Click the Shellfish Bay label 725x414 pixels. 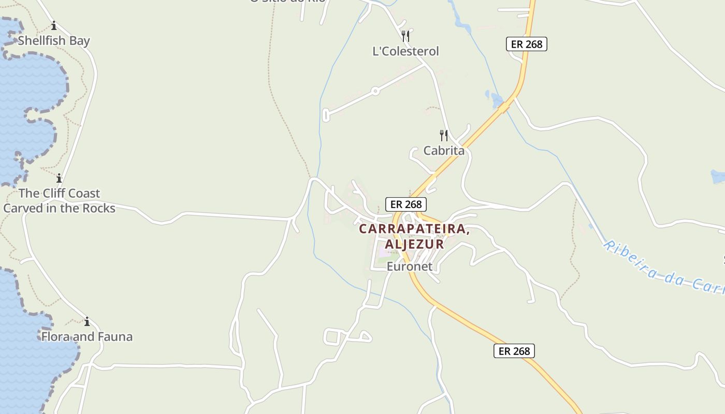coord(54,41)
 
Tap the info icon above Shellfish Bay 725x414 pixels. coord(54,25)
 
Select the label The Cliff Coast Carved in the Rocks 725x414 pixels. coord(59,201)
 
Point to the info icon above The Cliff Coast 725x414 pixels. coord(59,179)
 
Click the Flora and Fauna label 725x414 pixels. coord(87,337)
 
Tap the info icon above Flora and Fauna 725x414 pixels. coord(87,321)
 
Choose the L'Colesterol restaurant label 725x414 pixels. coord(405,51)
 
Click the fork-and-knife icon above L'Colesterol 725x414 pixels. coord(405,36)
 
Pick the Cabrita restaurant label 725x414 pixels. coord(444,151)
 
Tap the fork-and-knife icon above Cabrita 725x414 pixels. coord(444,136)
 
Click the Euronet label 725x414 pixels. coord(409,267)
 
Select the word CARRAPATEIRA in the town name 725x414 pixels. coord(414,229)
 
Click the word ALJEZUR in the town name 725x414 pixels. coord(414,244)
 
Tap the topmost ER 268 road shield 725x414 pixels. coord(526,44)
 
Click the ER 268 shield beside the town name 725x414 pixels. coord(405,204)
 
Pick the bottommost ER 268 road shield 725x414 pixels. coord(514,351)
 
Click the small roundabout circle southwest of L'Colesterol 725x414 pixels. coord(375,91)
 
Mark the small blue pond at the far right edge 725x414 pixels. coord(718,176)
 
